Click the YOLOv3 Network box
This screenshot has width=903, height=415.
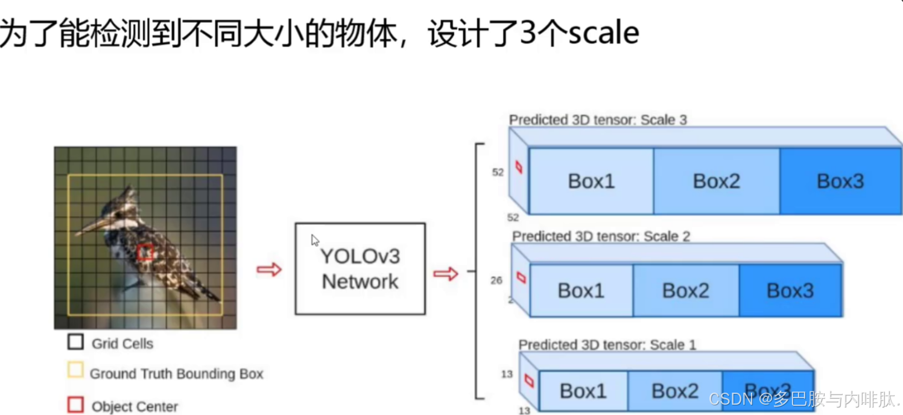(x=360, y=268)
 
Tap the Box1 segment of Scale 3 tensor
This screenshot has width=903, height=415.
(x=591, y=181)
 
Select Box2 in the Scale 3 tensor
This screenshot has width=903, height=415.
(x=716, y=181)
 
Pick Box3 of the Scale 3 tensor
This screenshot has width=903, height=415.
(x=840, y=181)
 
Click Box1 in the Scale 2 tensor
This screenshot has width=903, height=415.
(x=581, y=291)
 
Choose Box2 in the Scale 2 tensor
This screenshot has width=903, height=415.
(x=685, y=291)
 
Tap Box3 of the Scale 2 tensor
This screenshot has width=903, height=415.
(x=790, y=291)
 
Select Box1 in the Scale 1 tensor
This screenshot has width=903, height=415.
(x=583, y=391)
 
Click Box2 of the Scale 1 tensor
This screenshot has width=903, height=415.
(x=675, y=391)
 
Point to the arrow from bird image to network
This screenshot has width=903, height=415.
(x=269, y=270)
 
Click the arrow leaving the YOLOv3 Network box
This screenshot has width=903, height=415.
(x=446, y=274)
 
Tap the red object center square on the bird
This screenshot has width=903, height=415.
(x=145, y=252)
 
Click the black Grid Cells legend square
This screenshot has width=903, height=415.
(x=75, y=343)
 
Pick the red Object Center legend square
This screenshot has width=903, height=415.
(x=75, y=405)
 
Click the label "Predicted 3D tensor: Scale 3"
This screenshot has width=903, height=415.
(x=598, y=120)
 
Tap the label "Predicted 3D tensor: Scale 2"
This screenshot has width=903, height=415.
(x=601, y=236)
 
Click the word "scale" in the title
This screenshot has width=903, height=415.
(x=603, y=34)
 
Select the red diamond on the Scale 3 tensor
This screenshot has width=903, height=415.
(x=519, y=167)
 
